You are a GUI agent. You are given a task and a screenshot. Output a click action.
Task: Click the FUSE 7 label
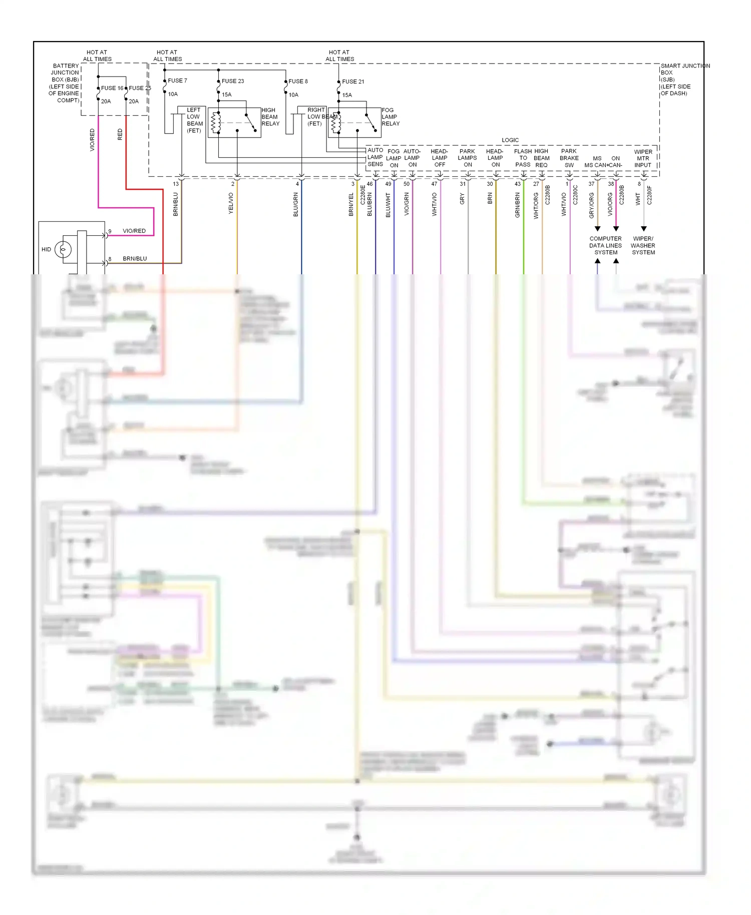tap(177, 81)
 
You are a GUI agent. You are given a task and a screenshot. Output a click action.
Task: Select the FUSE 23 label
tap(233, 81)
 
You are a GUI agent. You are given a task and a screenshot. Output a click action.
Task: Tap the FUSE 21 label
tap(353, 82)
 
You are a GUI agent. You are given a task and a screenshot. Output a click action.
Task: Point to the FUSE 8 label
tap(298, 81)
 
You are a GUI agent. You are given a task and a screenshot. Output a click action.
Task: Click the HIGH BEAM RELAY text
tap(270, 117)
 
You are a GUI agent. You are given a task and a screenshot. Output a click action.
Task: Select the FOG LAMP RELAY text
tap(391, 117)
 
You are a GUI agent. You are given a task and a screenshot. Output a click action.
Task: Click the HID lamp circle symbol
tap(63, 249)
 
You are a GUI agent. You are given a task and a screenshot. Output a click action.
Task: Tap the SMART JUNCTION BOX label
tap(684, 80)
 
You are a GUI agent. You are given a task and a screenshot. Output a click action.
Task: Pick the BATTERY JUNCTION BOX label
tap(65, 83)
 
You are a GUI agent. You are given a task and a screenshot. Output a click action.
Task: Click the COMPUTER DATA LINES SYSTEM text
tap(605, 246)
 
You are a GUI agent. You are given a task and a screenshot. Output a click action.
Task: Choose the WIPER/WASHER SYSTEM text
tap(643, 246)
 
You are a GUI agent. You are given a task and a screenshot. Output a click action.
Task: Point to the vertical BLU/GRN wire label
tap(295, 205)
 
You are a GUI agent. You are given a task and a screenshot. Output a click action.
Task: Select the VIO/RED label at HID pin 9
tap(134, 231)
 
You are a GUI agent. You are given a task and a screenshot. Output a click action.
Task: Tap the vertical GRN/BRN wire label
tap(518, 205)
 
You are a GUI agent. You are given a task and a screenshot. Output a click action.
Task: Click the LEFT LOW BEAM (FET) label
tap(194, 120)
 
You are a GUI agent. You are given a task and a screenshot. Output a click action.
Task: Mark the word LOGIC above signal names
tap(510, 140)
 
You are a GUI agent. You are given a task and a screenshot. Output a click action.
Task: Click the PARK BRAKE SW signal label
tap(569, 158)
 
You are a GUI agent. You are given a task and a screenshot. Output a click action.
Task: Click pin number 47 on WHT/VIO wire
tap(434, 184)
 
